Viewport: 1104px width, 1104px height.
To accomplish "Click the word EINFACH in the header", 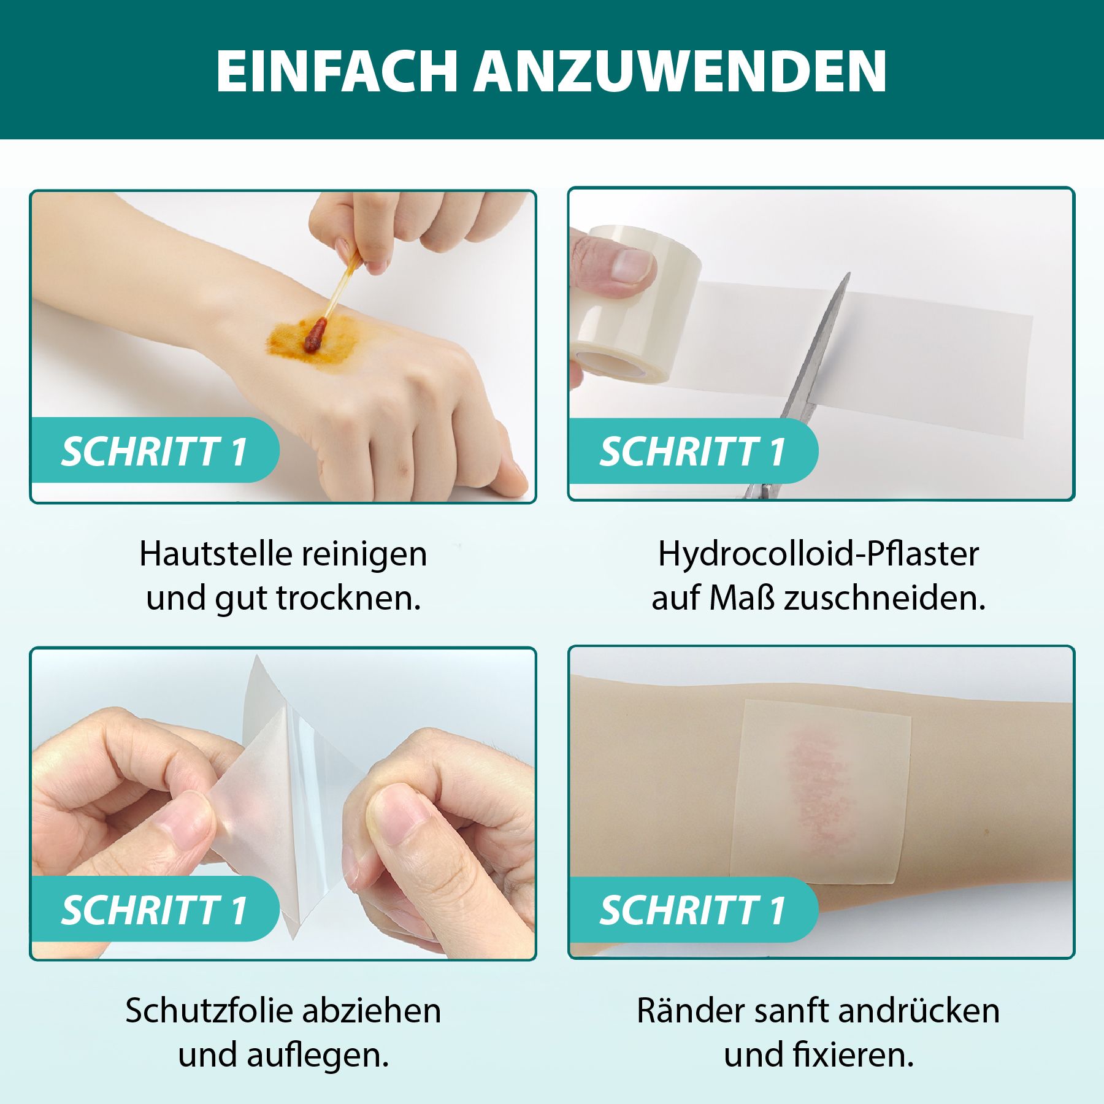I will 336,71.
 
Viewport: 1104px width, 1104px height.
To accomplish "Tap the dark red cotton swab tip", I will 315,336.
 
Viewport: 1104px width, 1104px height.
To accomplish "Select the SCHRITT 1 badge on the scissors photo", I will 692,452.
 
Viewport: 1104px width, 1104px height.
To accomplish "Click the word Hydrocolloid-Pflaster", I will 818,554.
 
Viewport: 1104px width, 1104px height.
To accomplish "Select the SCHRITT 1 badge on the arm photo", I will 692,910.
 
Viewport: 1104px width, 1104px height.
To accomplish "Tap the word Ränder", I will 680,1011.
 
